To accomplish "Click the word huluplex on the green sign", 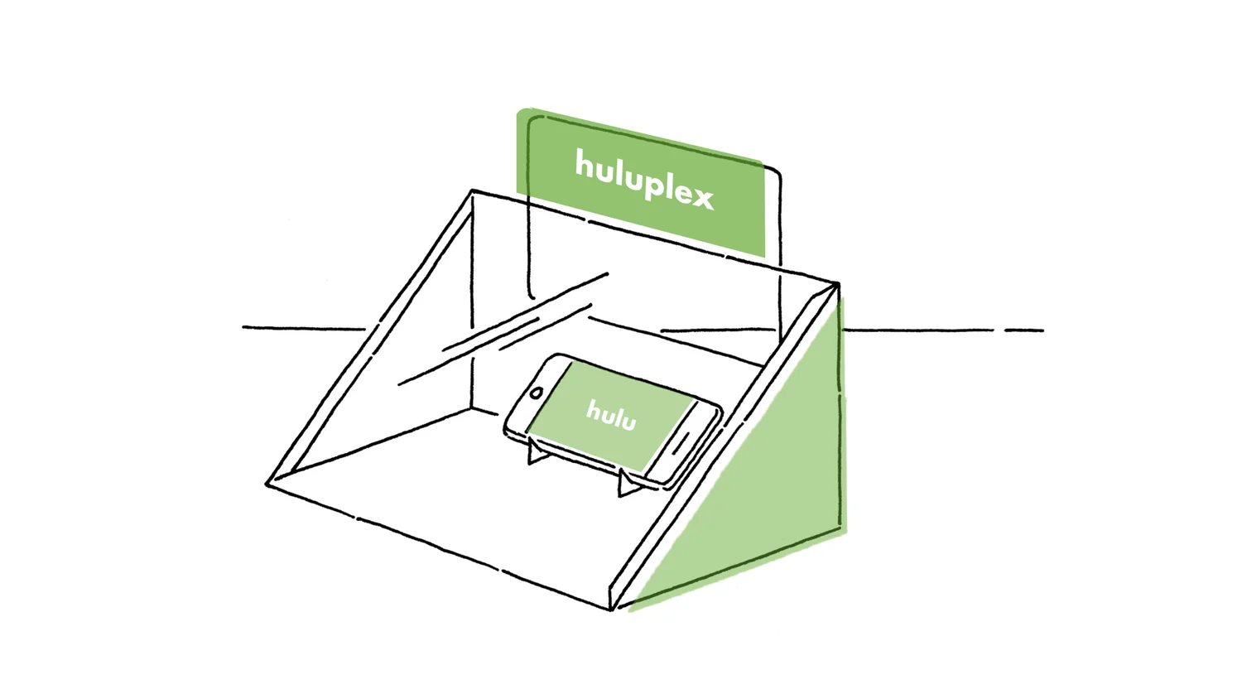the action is [x=643, y=179].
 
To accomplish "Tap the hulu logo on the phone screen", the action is [x=611, y=414].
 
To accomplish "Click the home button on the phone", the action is [x=537, y=392].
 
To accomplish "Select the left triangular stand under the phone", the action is [x=537, y=455].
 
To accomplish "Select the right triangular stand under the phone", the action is [x=628, y=484].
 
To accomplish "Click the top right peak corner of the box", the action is [x=836, y=285].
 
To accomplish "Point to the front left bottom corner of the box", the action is [x=269, y=484].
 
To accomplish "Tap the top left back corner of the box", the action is [x=473, y=192].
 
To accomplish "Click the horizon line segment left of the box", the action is [x=302, y=328].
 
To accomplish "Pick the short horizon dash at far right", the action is [x=1024, y=330].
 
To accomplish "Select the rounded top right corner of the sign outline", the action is [x=775, y=174].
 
